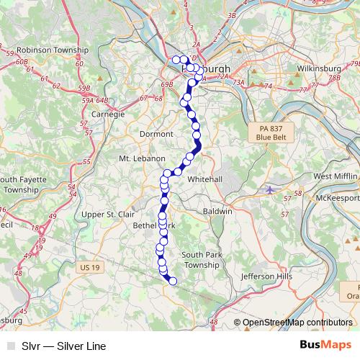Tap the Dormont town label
[x=157, y=134]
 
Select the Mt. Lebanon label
[x=143, y=158]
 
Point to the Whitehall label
[x=204, y=179]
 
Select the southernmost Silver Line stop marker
[x=173, y=281]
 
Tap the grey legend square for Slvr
[x=10, y=346]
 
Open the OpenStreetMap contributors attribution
[x=297, y=323]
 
